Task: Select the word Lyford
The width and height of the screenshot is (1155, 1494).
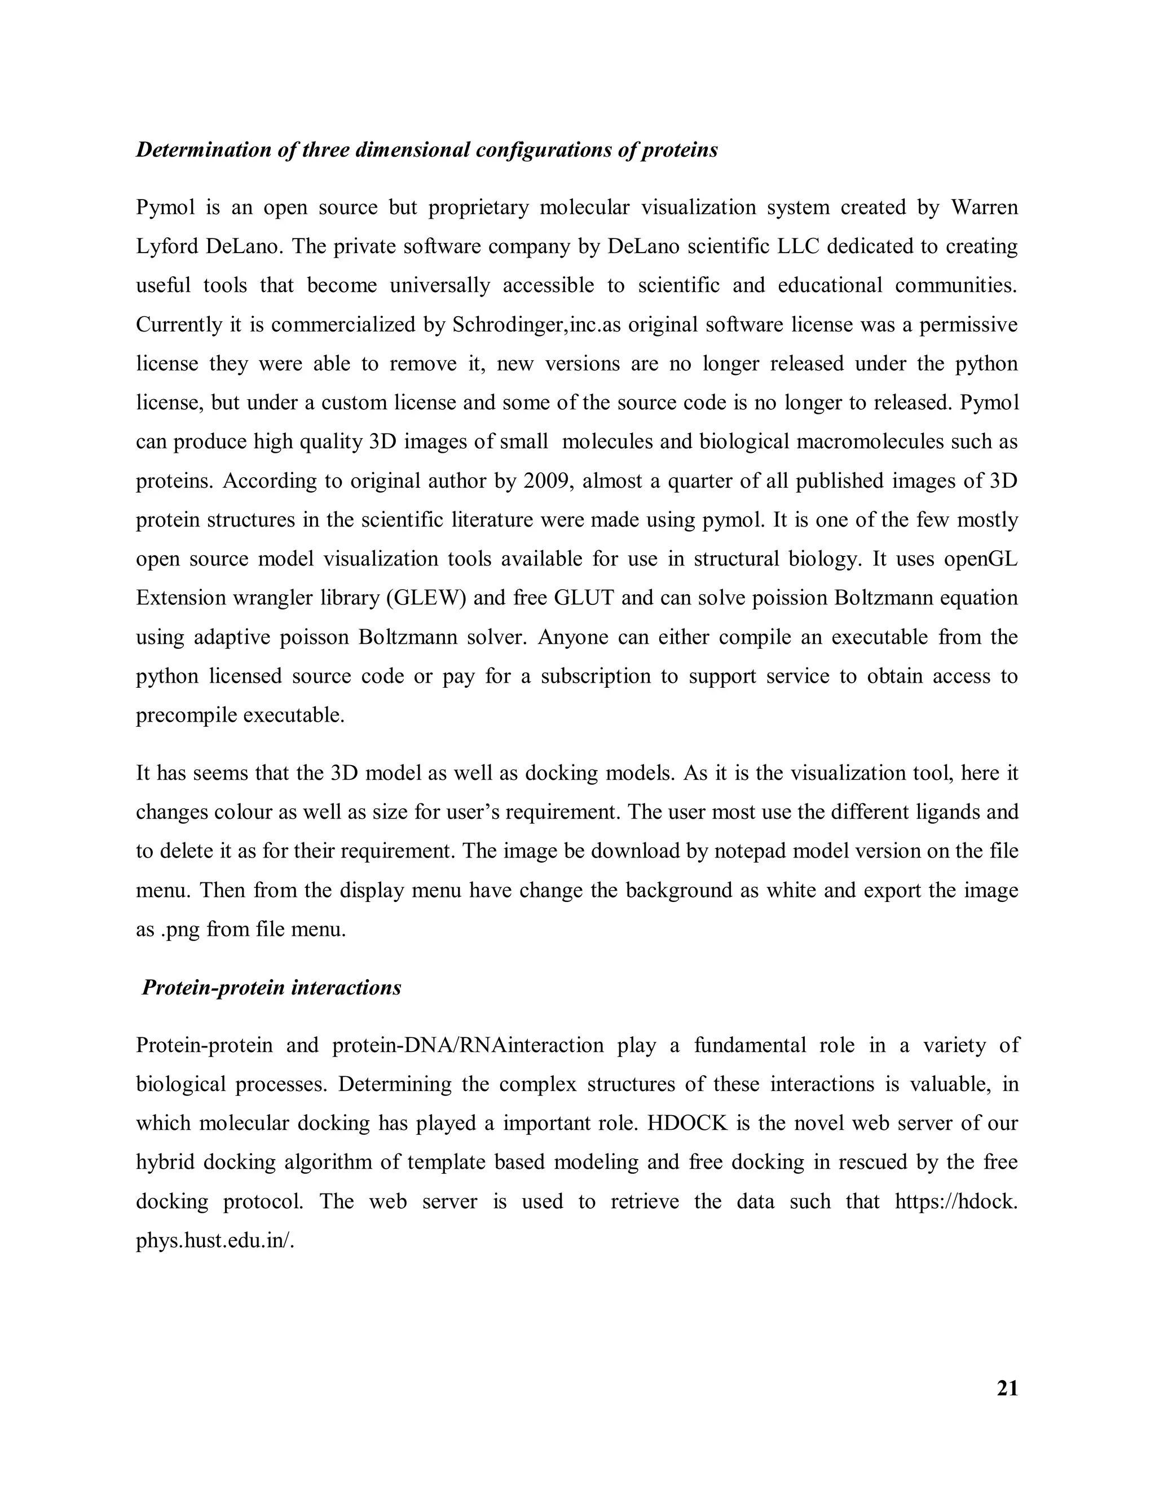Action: [x=167, y=246]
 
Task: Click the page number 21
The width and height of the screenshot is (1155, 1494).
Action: [x=1007, y=1389]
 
